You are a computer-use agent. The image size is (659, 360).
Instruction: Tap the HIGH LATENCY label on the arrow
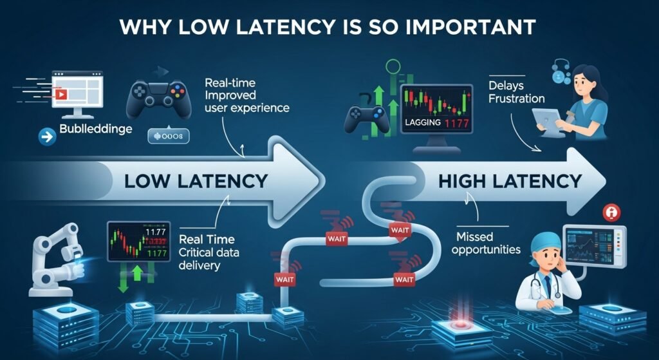pos(510,181)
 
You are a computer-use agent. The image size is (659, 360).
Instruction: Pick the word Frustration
pos(515,99)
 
